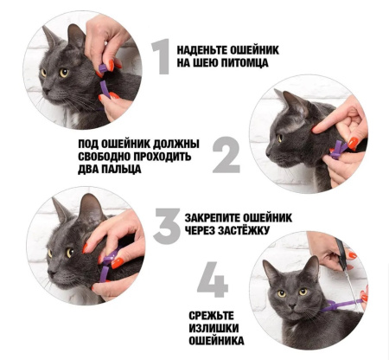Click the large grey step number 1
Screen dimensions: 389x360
point(161,56)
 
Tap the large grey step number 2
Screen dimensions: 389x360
point(226,155)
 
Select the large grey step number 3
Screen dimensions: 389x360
point(167,226)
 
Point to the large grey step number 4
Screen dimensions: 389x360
point(213,280)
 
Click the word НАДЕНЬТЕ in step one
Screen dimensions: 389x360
point(201,50)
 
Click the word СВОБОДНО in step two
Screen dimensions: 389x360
point(105,157)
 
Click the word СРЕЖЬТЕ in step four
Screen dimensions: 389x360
point(211,316)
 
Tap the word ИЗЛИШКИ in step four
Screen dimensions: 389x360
point(214,328)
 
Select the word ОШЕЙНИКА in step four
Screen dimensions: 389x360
point(216,341)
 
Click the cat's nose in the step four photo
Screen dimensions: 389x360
point(292,305)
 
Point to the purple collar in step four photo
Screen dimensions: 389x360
point(340,305)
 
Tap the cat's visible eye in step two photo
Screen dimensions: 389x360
point(279,138)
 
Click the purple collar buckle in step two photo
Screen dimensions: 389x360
point(337,151)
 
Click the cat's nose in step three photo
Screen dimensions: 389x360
point(52,273)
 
